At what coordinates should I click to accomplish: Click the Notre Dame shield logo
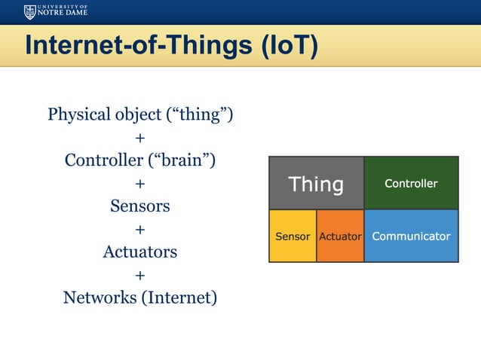29,11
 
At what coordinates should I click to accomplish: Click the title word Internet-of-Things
138,45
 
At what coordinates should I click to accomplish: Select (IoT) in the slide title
289,45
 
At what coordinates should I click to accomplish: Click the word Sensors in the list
140,206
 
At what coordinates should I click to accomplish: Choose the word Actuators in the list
140,252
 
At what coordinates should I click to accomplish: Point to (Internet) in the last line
179,297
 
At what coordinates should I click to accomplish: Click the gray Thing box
317,184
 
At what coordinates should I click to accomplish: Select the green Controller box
411,183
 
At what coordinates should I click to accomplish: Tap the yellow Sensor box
293,236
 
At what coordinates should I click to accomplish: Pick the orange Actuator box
340,236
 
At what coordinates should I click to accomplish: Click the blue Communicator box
411,236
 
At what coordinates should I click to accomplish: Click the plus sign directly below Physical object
139,138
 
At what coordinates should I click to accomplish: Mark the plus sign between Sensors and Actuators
139,229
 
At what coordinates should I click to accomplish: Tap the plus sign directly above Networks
139,275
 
